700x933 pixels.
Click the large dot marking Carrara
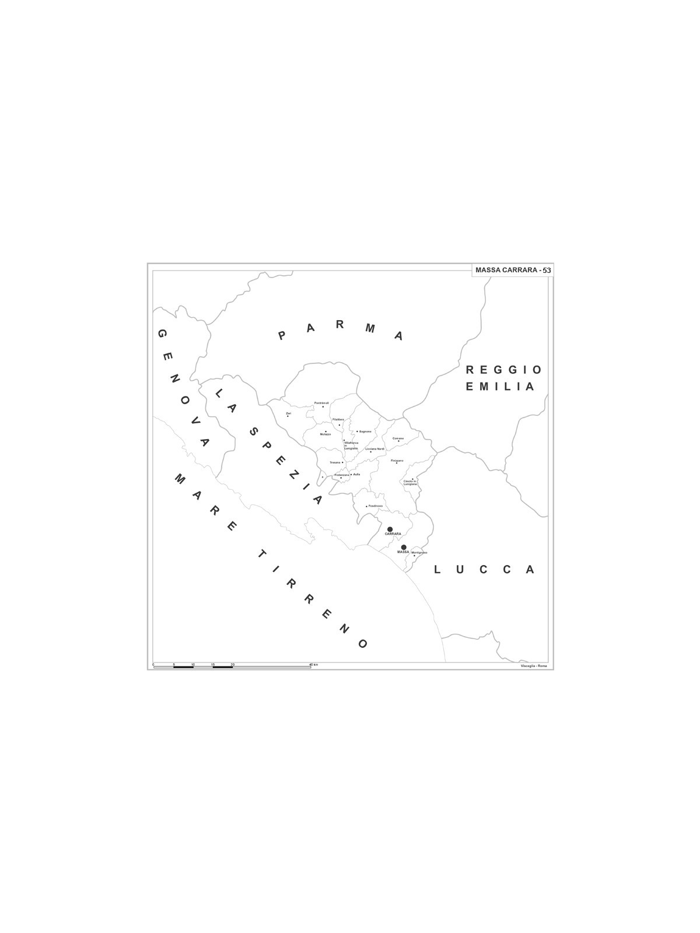pyautogui.click(x=390, y=529)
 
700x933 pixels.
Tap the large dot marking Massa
pyautogui.click(x=403, y=547)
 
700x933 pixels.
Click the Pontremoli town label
pyautogui.click(x=321, y=403)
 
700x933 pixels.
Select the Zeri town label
pyautogui.click(x=288, y=413)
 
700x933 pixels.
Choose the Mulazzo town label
pyautogui.click(x=325, y=434)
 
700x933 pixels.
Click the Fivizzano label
pyautogui.click(x=397, y=460)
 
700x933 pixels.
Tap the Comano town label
pyautogui.click(x=398, y=438)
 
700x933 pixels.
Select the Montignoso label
pyautogui.click(x=419, y=552)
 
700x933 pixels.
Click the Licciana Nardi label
pyautogui.click(x=374, y=448)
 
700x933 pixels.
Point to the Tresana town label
pyautogui.click(x=335, y=462)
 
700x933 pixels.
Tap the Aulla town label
pyautogui.click(x=357, y=474)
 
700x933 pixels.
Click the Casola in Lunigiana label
pyautogui.click(x=410, y=483)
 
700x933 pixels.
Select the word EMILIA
pyautogui.click(x=499, y=386)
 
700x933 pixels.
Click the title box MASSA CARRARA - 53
pyautogui.click(x=512, y=270)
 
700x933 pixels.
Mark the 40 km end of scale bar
pyautogui.click(x=310, y=665)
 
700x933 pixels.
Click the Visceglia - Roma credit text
pyautogui.click(x=534, y=666)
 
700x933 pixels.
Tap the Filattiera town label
pyautogui.click(x=338, y=419)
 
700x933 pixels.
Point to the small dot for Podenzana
pyautogui.click(x=341, y=478)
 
